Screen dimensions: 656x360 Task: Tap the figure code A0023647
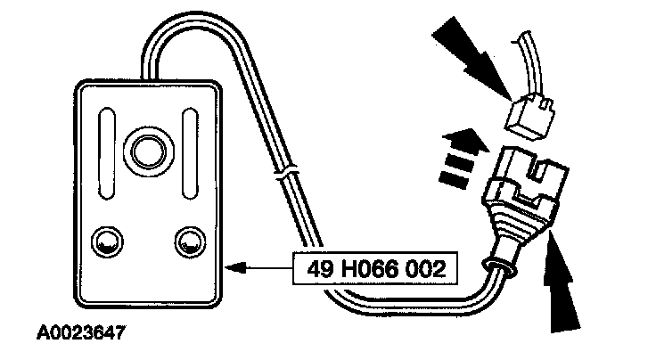point(79,336)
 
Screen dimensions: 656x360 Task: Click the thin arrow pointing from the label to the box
point(258,266)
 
